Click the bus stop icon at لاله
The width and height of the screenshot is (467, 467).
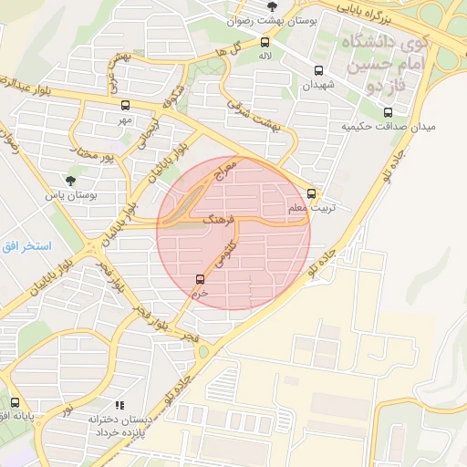(265, 42)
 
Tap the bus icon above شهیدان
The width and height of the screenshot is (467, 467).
(318, 70)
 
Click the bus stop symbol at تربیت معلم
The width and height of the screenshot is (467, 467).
(312, 193)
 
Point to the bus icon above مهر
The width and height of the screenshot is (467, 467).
(125, 104)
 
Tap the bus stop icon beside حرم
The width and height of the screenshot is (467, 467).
(200, 279)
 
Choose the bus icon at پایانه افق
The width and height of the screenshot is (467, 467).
(15, 401)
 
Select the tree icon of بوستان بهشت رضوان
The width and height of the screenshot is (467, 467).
(272, 6)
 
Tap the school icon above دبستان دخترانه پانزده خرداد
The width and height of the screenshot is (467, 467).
(118, 404)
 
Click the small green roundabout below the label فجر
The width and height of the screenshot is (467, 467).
(202, 351)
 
